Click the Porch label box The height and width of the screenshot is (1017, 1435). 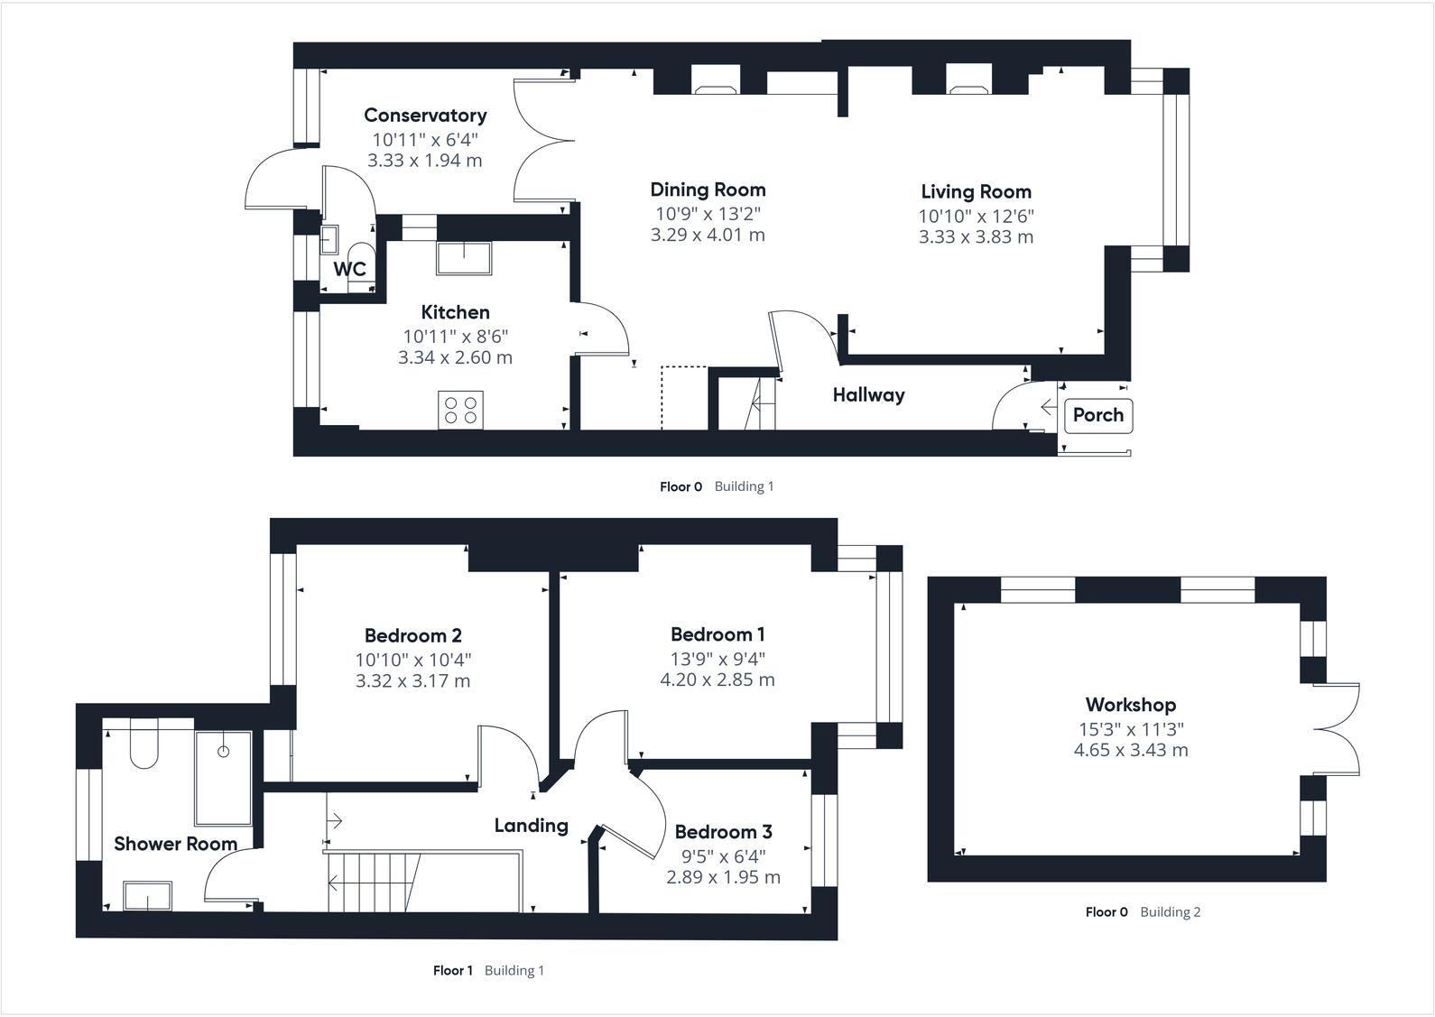[x=1097, y=415]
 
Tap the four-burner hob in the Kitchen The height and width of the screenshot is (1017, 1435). [x=461, y=410]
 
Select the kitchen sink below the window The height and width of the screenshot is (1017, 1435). [x=464, y=257]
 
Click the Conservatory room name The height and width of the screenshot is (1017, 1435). [x=425, y=116]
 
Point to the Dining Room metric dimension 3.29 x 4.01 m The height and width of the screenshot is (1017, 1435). [x=708, y=235]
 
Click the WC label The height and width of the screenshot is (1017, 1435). [x=350, y=269]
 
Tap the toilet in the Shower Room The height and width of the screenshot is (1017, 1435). [x=144, y=745]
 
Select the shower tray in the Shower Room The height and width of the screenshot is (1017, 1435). [x=223, y=778]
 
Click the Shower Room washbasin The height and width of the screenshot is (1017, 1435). [x=147, y=896]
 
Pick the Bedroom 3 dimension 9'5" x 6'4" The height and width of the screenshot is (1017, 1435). [x=723, y=855]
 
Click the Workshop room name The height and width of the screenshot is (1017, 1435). [x=1130, y=705]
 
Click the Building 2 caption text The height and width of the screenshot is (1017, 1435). [x=1170, y=912]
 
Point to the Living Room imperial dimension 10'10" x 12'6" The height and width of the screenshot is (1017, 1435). [x=976, y=216]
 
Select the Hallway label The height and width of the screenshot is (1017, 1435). [x=868, y=395]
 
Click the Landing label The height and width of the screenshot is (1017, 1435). [x=531, y=826]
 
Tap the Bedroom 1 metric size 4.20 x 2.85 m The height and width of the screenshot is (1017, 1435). [x=717, y=680]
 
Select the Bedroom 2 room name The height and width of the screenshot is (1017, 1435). [x=412, y=635]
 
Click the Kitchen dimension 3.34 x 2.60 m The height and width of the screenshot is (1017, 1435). [x=455, y=357]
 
